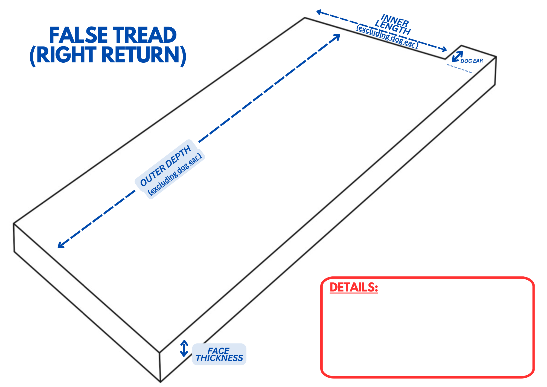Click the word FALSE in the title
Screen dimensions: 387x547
tap(78, 35)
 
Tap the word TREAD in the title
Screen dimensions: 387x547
tap(145, 35)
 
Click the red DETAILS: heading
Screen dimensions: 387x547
tap(354, 287)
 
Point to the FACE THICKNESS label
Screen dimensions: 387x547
tap(219, 354)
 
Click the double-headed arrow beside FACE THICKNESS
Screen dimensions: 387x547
tap(184, 348)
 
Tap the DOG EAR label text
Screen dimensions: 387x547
tap(472, 61)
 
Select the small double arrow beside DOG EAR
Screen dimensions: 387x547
tap(457, 56)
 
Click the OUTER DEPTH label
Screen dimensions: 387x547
tap(165, 166)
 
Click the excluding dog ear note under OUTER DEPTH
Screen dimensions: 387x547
tap(175, 175)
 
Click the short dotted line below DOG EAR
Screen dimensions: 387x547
tap(459, 68)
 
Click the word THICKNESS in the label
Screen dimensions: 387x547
tap(219, 358)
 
